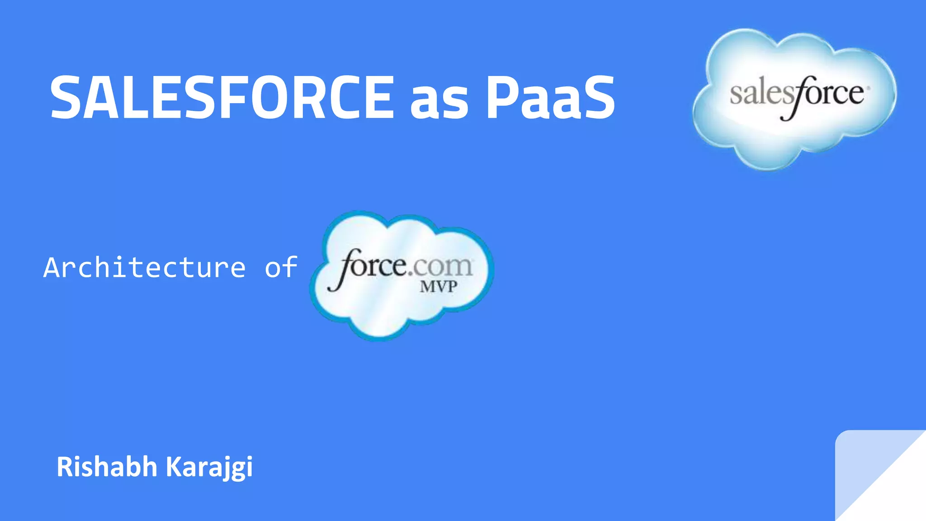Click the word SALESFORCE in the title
[x=222, y=97]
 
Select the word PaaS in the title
[x=550, y=97]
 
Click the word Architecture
[x=145, y=267]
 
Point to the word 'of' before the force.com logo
[x=281, y=267]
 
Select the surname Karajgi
[x=209, y=467]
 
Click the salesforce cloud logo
[x=794, y=99]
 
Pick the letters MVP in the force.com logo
[x=438, y=287]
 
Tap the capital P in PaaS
[x=502, y=97]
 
